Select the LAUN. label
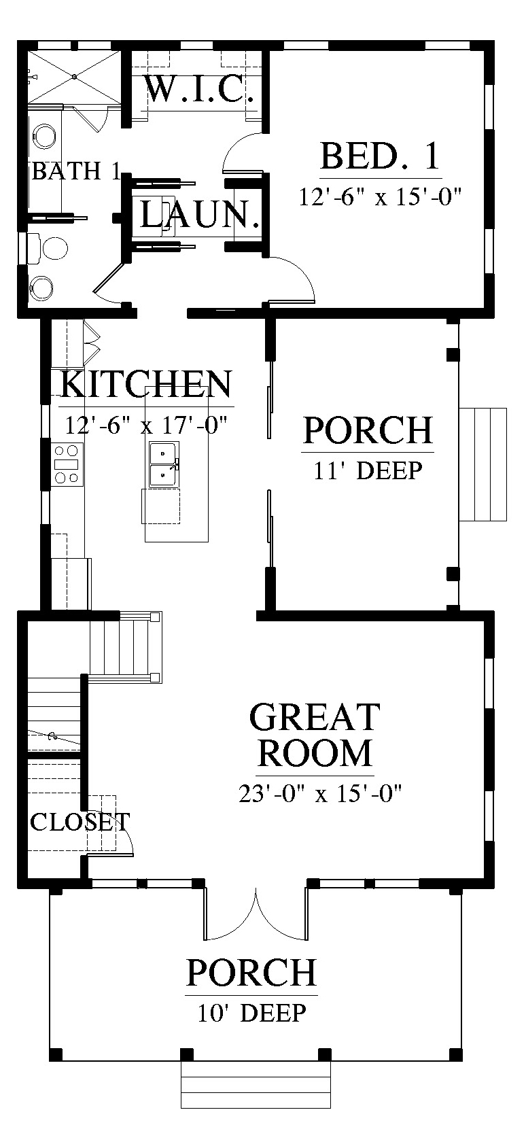point(200,214)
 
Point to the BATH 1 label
point(76,171)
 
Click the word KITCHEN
point(146,384)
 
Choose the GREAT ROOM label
point(315,735)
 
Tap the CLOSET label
point(80,822)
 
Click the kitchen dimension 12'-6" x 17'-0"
point(146,425)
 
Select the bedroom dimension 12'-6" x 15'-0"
point(380,196)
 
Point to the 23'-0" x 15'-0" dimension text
point(320,794)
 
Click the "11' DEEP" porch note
point(368,470)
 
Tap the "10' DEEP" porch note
point(251,1013)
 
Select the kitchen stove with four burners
point(67,464)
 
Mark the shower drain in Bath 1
point(74,77)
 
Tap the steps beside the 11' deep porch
point(483,464)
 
